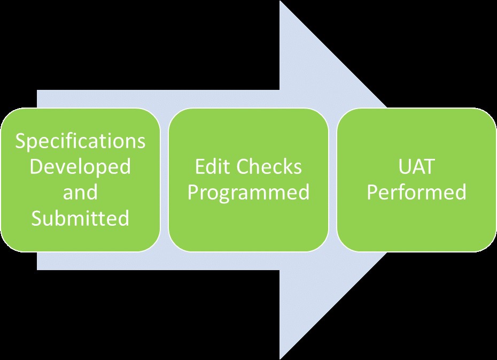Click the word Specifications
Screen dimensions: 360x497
[x=80, y=142]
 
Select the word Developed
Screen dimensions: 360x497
[x=80, y=167]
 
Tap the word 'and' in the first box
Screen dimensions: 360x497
[x=80, y=192]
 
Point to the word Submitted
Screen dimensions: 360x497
[x=80, y=218]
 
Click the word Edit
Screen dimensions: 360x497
[x=212, y=167]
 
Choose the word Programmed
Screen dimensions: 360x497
[x=248, y=193]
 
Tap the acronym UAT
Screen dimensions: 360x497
[x=416, y=167]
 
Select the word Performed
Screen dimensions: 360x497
[x=416, y=193]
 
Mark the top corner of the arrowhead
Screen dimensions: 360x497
[x=281, y=2]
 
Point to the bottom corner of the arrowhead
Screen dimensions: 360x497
[x=281, y=358]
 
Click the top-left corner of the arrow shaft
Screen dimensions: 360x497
[x=37, y=91]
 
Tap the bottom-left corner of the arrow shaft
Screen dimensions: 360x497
[x=37, y=269]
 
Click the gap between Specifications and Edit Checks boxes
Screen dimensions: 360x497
[x=165, y=180]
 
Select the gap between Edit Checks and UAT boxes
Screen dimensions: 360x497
[x=332, y=180]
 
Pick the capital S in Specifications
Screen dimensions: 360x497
[x=21, y=142]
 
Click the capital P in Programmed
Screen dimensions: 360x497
[x=193, y=193]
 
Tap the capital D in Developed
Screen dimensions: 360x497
[x=35, y=167]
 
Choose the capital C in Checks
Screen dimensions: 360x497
[x=242, y=167]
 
